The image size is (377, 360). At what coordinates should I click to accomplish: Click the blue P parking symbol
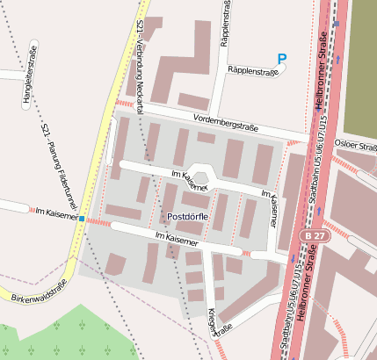pyautogui.click(x=281, y=59)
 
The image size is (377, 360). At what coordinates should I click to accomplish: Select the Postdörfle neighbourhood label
pyautogui.click(x=187, y=216)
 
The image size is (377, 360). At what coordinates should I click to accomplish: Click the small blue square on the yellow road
pyautogui.click(x=81, y=218)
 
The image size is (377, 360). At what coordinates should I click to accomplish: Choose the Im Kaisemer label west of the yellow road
pyautogui.click(x=53, y=212)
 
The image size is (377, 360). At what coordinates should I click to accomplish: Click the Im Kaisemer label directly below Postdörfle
pyautogui.click(x=177, y=237)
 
